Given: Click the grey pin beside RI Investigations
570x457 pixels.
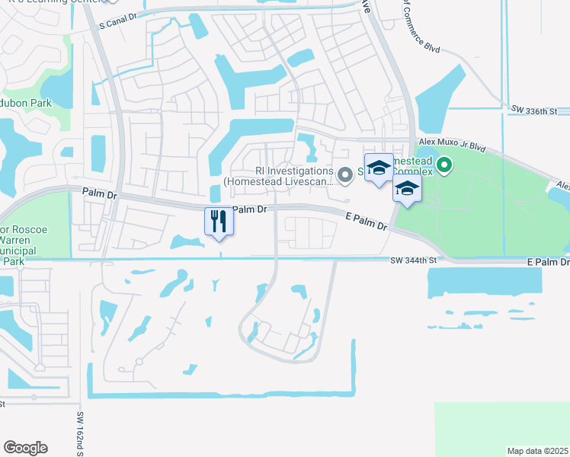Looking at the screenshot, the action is click(x=344, y=176).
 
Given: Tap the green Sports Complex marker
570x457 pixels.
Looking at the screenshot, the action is click(x=446, y=164).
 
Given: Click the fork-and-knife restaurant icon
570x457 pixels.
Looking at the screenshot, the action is click(x=219, y=221).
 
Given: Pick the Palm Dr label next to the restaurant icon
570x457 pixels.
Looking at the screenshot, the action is click(x=249, y=209).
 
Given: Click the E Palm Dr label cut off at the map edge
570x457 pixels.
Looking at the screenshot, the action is click(x=548, y=262).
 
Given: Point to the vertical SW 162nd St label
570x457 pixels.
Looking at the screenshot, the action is click(x=79, y=434).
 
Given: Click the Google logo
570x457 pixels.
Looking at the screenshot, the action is click(x=25, y=448).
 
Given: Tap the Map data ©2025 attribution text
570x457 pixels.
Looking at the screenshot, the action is click(x=538, y=451).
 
